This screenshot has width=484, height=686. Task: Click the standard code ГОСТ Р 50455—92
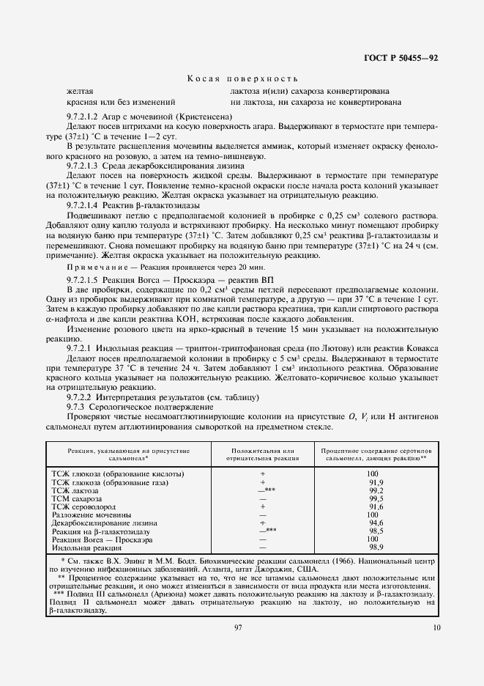pyautogui.click(x=401, y=58)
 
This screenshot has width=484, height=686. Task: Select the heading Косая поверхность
pyautogui.click(x=242, y=78)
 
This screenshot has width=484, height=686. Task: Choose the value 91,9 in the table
pyautogui.click(x=376, y=482)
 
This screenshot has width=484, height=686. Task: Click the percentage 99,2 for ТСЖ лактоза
pyautogui.click(x=376, y=490)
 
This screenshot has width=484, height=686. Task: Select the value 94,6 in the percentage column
pyautogui.click(x=376, y=523)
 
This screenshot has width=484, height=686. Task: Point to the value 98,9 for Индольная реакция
pyautogui.click(x=376, y=547)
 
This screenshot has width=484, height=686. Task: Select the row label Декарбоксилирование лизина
pyautogui.click(x=103, y=523)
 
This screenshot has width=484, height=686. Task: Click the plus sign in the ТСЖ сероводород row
pyautogui.click(x=261, y=506)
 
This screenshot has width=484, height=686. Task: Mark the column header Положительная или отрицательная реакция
pyautogui.click(x=261, y=453)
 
